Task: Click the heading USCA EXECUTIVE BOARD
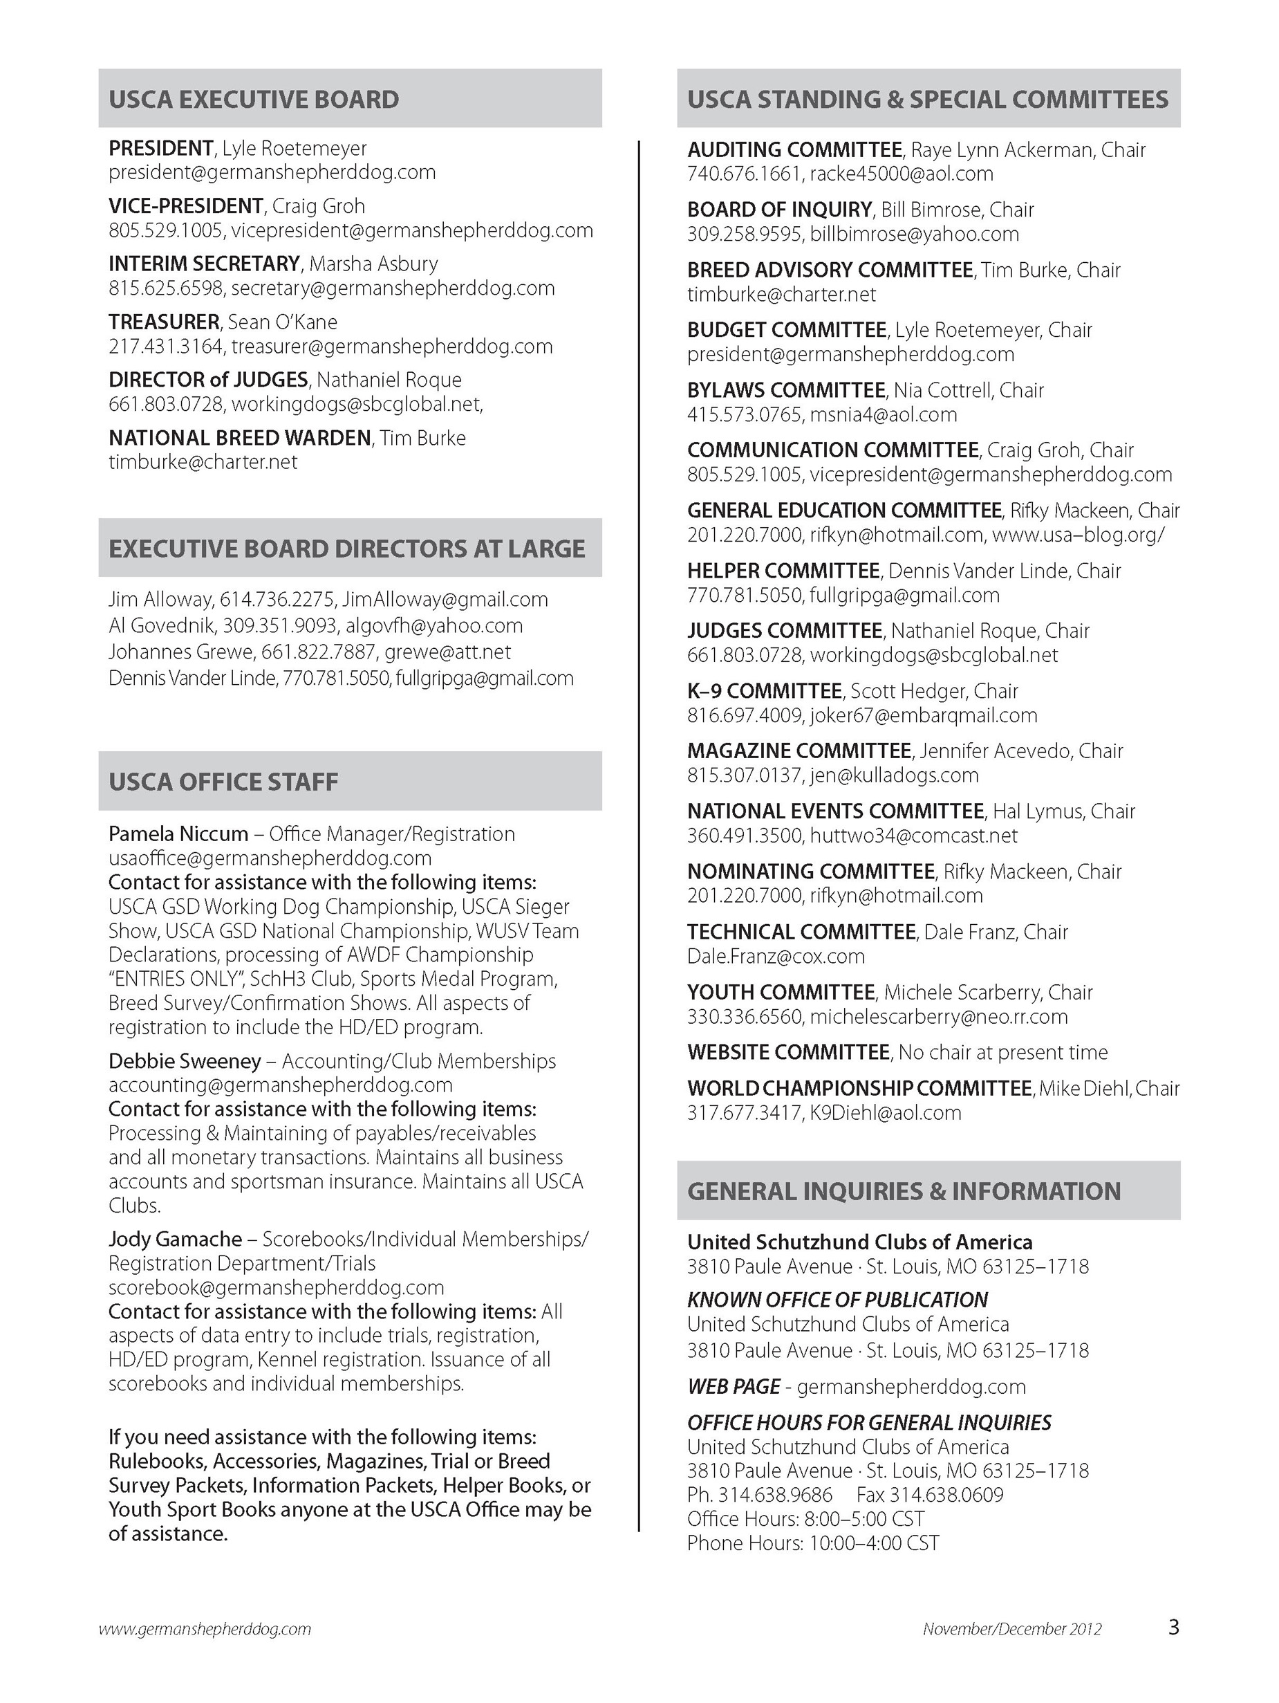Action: [x=254, y=100]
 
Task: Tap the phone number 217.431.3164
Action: [x=166, y=347]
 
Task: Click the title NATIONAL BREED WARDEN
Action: [x=239, y=438]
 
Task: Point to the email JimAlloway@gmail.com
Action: [x=445, y=599]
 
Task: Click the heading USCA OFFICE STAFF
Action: [x=223, y=782]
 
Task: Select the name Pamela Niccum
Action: [x=178, y=834]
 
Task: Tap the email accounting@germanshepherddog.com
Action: [x=280, y=1085]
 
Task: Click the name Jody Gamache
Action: [x=176, y=1239]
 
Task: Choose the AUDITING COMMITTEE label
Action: [x=794, y=149]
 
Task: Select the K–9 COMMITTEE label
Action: [x=764, y=690]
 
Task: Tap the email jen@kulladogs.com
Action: [x=894, y=775]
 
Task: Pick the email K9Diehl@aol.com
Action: [x=885, y=1112]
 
